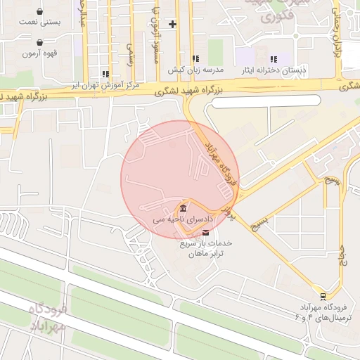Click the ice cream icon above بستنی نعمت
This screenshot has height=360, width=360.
[39, 12]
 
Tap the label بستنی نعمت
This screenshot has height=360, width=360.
[40, 22]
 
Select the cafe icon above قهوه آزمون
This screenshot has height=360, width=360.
[39, 43]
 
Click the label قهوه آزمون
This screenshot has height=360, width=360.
[39, 53]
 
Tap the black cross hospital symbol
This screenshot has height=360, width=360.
[173, 24]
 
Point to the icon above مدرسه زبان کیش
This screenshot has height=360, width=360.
[195, 60]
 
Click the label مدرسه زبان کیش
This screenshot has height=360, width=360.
[195, 70]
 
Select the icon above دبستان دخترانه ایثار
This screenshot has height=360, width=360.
[274, 60]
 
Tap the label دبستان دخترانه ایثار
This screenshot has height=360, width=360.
[274, 70]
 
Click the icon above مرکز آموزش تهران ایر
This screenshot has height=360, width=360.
[105, 74]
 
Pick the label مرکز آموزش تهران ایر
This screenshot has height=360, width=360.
[105, 85]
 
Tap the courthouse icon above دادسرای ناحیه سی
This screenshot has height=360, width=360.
[183, 209]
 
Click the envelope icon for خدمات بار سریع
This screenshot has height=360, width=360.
[205, 232]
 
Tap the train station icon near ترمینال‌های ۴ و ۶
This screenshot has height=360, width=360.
[323, 296]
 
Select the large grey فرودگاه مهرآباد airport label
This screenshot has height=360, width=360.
[48, 318]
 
